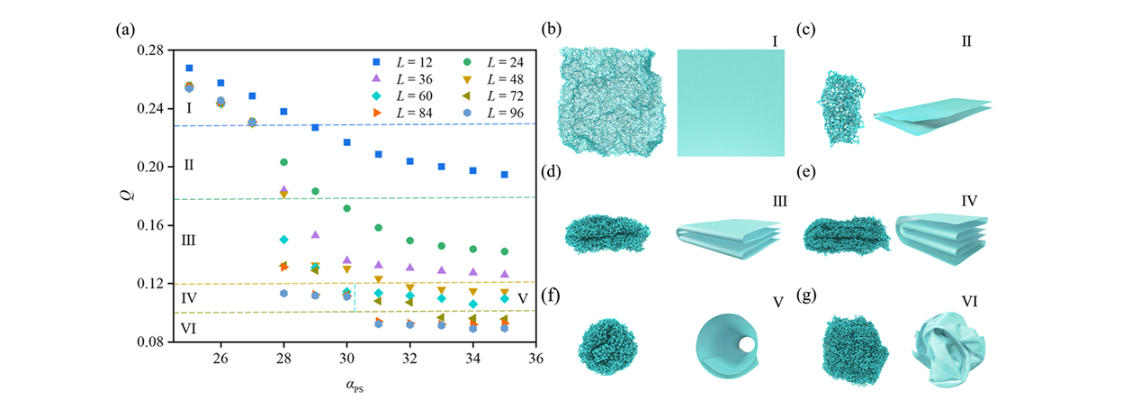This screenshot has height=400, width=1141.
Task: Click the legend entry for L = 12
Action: (x=396, y=61)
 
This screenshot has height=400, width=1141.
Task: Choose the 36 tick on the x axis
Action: (x=535, y=357)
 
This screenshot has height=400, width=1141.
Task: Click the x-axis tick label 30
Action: (x=346, y=357)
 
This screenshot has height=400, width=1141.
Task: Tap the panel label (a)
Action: (x=125, y=29)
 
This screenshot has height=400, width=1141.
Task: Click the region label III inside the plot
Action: (x=189, y=241)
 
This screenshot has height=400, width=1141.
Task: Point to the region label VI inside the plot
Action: (x=189, y=328)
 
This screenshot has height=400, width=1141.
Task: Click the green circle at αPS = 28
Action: (x=283, y=162)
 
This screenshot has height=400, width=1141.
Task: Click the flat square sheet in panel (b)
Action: (x=730, y=103)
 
